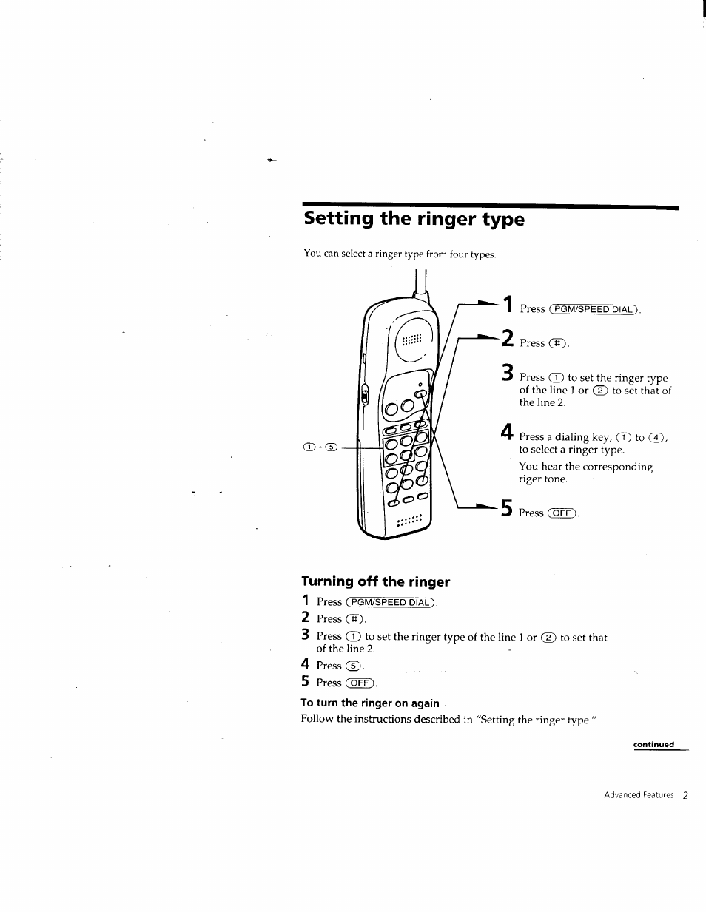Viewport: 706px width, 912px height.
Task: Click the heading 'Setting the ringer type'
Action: [414, 219]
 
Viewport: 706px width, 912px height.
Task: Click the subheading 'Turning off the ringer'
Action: [375, 581]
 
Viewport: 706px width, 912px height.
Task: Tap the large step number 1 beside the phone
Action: [507, 305]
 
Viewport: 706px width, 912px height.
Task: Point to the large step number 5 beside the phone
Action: [507, 509]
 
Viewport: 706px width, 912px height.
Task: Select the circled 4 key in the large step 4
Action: [656, 437]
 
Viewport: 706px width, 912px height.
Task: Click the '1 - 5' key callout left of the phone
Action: [320, 447]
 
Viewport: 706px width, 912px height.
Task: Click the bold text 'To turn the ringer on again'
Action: [370, 703]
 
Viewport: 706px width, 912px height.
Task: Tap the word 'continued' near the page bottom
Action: [653, 745]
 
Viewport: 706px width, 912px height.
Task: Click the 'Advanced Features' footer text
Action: [639, 795]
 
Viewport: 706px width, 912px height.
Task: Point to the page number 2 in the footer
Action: [685, 795]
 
